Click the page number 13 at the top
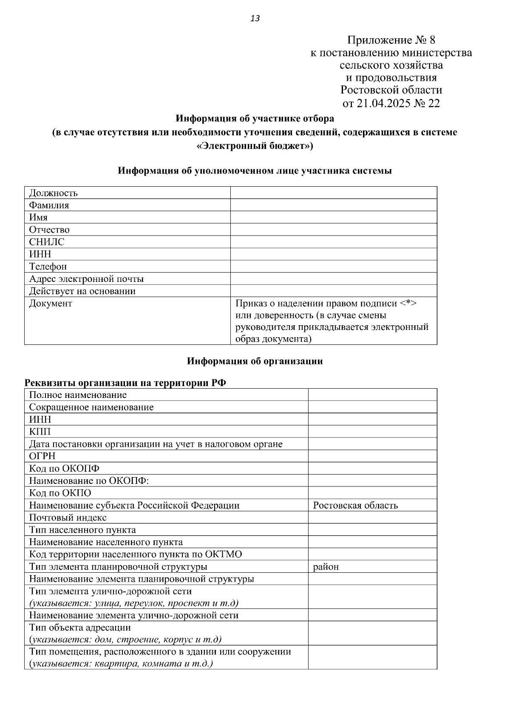pyautogui.click(x=255, y=18)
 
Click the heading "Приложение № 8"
pyautogui.click(x=391, y=40)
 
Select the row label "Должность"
pyautogui.click(x=53, y=193)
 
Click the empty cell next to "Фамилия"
pyautogui.click(x=333, y=205)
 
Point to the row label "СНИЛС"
pyautogui.click(x=47, y=242)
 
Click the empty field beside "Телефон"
pyautogui.click(x=333, y=267)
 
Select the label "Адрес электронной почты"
pyautogui.click(x=86, y=279)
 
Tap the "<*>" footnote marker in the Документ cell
pyautogui.click(x=408, y=304)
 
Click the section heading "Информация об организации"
pyautogui.click(x=255, y=361)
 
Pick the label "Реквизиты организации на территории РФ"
pyautogui.click(x=125, y=383)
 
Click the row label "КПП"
pyautogui.click(x=40, y=432)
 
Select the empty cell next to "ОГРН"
pyautogui.click(x=372, y=456)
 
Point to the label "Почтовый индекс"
pyautogui.click(x=68, y=518)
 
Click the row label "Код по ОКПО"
pyautogui.click(x=60, y=493)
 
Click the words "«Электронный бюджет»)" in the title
pyautogui.click(x=255, y=146)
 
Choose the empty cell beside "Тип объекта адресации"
pyautogui.click(x=372, y=633)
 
